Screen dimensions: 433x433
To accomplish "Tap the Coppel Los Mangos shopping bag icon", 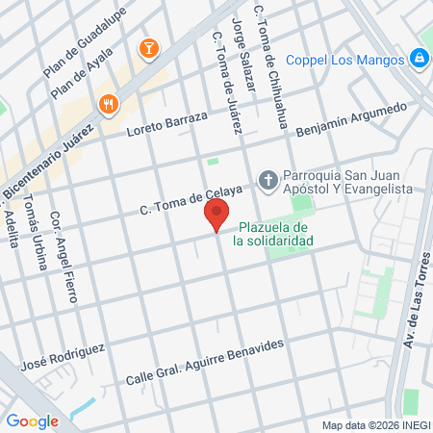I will coord(420,59).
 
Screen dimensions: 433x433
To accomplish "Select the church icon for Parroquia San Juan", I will coord(267,179).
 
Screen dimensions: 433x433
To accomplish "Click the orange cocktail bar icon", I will coord(148,47).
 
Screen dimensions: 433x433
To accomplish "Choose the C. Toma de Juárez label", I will coord(225,83).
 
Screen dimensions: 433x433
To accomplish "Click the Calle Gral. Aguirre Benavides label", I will coord(206,362).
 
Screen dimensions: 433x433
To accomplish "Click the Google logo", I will coord(33,420).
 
